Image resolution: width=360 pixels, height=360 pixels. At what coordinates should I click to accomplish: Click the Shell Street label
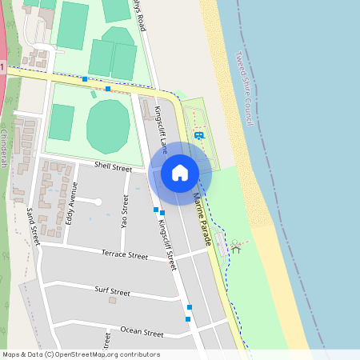pos(113,167)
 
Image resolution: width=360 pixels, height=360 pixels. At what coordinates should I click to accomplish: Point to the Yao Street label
pos(124,211)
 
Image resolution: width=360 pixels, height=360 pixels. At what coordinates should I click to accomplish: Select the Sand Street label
pos(33,226)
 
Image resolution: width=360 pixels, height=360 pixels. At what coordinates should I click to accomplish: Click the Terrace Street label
pos(125,255)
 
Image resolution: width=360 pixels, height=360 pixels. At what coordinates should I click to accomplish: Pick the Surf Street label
pos(112,291)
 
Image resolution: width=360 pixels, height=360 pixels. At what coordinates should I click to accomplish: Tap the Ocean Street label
pos(142,331)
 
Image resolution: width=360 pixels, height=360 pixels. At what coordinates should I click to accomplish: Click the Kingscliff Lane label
pos(161,129)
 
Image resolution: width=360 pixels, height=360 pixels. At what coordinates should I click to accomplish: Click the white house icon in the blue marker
pos(180,172)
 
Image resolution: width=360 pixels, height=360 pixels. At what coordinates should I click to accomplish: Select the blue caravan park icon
pos(198,135)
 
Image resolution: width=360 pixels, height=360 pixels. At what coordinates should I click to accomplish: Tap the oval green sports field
pos(107,126)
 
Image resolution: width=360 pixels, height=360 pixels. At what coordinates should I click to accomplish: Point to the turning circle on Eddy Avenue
pos(98,202)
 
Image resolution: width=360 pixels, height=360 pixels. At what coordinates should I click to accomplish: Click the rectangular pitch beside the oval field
pos(62,122)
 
